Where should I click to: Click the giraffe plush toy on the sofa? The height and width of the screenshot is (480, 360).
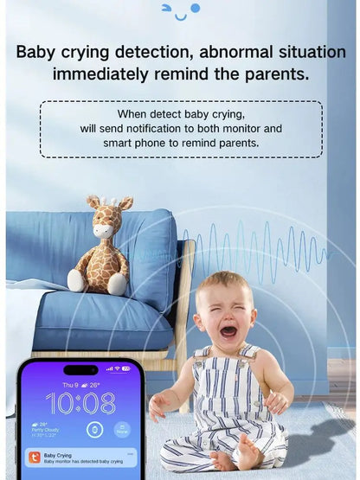(100, 246)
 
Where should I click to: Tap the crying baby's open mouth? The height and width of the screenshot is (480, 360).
(228, 330)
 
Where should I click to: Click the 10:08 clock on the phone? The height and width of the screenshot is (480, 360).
(80, 403)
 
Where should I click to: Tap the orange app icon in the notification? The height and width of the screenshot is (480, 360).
(33, 458)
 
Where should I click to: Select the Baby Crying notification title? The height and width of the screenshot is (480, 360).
(58, 454)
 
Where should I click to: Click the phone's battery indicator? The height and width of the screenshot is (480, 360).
(126, 368)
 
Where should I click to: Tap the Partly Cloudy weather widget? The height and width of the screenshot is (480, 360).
(42, 428)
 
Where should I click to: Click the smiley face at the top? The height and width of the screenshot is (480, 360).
(180, 10)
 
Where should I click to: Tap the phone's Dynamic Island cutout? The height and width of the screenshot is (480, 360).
(80, 369)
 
